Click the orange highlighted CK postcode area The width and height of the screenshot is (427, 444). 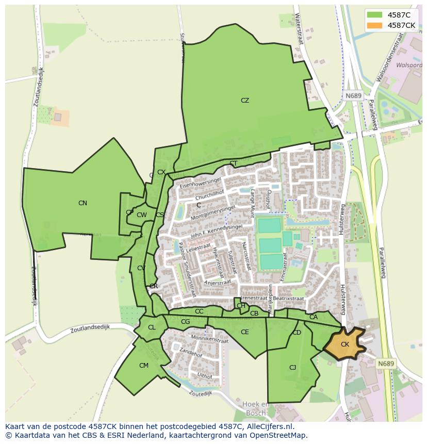click(x=344, y=344)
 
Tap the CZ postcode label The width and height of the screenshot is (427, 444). click(x=245, y=101)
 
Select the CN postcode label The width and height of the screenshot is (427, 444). click(x=83, y=203)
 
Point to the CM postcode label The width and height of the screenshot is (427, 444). click(x=144, y=366)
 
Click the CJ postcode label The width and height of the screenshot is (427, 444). click(x=292, y=368)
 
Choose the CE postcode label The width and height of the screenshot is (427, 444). click(x=245, y=332)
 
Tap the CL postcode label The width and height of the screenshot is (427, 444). click(x=152, y=327)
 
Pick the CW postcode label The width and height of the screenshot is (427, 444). click(x=142, y=215)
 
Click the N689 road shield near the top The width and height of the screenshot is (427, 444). click(x=353, y=96)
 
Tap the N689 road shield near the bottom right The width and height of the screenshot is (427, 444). click(x=386, y=364)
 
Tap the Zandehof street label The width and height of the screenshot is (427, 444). click(x=191, y=354)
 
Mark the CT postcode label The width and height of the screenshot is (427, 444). click(x=234, y=164)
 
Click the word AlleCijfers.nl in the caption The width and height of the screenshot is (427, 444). click(x=268, y=427)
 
